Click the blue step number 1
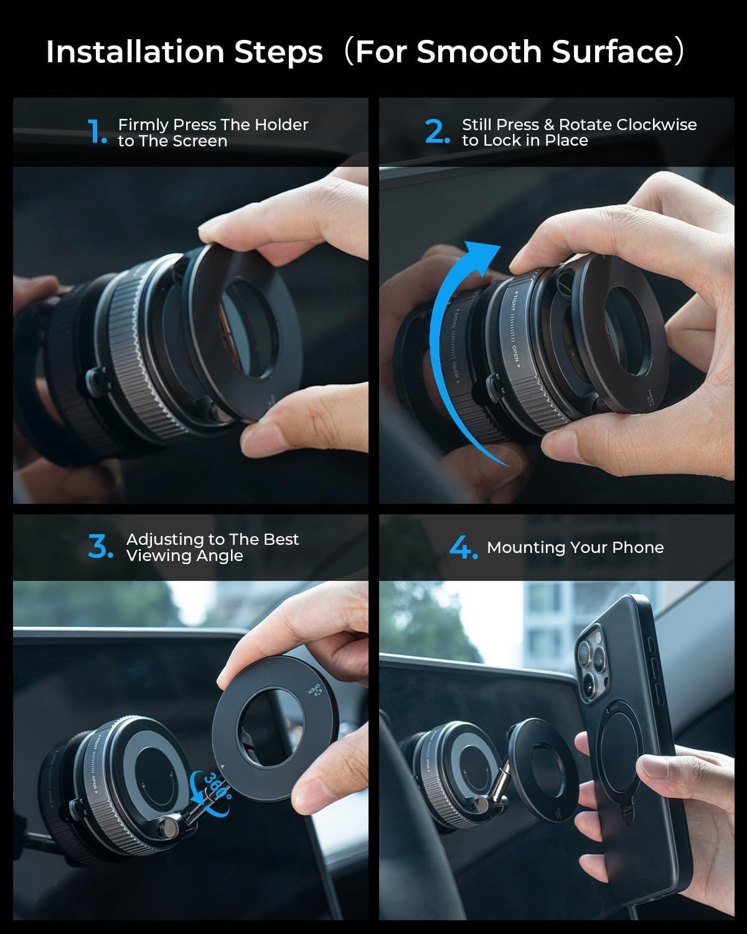pyautogui.click(x=97, y=132)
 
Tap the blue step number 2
pyautogui.click(x=436, y=132)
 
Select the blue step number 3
pyautogui.click(x=100, y=547)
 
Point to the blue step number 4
pyautogui.click(x=463, y=547)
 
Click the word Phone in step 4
pyautogui.click(x=638, y=547)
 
